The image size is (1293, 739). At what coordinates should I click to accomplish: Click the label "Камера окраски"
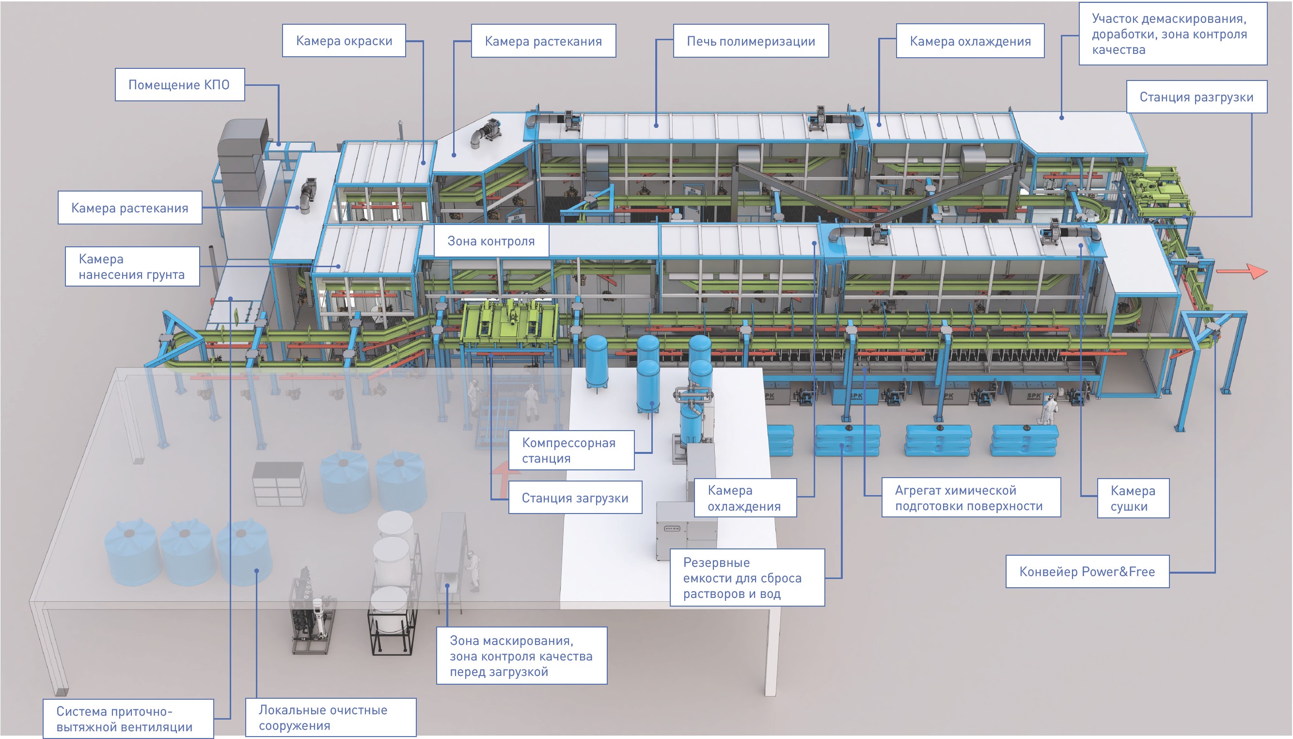tap(344, 41)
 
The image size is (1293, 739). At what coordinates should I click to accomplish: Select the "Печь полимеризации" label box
tap(750, 41)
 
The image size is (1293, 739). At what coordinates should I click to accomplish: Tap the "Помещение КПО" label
tap(179, 85)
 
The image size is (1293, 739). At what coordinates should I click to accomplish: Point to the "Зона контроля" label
tap(490, 241)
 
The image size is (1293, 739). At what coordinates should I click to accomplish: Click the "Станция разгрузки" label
tap(1196, 97)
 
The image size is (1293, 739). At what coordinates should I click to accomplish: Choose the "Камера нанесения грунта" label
tap(132, 267)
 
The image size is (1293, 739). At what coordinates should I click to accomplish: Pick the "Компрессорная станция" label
tap(571, 450)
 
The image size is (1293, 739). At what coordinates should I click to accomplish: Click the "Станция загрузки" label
tap(575, 498)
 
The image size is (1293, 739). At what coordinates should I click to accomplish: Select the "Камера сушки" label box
tap(1133, 498)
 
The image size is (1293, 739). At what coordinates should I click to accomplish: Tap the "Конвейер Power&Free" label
tap(1087, 572)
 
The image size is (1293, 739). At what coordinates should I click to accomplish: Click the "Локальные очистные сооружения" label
tap(330, 717)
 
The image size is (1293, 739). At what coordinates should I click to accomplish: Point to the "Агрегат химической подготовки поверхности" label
tap(970, 498)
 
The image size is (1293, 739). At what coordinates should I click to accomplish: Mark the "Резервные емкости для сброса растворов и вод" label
tap(747, 578)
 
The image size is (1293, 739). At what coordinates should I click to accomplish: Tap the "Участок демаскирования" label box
tap(1172, 34)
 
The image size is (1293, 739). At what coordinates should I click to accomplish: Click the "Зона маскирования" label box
tap(521, 656)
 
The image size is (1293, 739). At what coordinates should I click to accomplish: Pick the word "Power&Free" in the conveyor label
tap(1118, 572)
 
